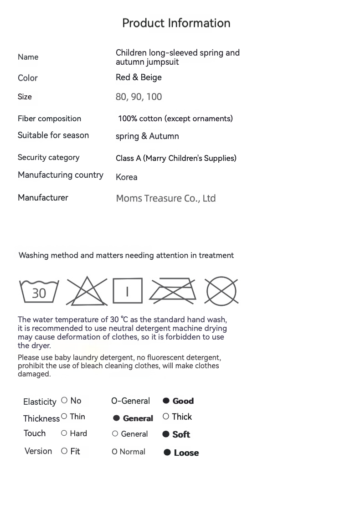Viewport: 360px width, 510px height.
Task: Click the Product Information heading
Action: (x=176, y=23)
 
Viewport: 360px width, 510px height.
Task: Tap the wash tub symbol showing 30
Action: (x=39, y=291)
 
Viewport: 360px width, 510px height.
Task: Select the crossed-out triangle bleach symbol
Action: (x=87, y=291)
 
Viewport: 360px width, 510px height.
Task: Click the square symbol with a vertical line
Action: (x=128, y=291)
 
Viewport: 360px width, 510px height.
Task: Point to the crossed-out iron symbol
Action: (x=173, y=291)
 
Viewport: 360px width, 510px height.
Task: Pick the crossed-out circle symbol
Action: (x=221, y=291)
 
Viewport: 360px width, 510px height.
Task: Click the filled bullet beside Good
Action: (x=166, y=401)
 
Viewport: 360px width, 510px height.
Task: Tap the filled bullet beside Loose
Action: (x=167, y=453)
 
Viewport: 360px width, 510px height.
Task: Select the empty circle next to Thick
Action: (x=166, y=417)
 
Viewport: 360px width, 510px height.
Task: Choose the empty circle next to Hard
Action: (x=64, y=433)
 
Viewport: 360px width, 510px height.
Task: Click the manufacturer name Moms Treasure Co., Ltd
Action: (x=166, y=199)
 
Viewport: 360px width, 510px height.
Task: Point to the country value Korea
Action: (x=127, y=177)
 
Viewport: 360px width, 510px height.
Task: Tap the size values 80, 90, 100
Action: (x=139, y=97)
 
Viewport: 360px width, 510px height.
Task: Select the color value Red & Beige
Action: (x=139, y=77)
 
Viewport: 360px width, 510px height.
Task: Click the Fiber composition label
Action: (x=50, y=119)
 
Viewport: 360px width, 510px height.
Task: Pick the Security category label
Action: (x=49, y=158)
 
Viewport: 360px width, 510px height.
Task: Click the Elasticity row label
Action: (x=40, y=402)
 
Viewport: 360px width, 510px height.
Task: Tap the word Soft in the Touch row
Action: (x=181, y=435)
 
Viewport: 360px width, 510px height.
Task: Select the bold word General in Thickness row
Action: (x=138, y=418)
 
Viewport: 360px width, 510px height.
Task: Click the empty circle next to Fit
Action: (x=64, y=451)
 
